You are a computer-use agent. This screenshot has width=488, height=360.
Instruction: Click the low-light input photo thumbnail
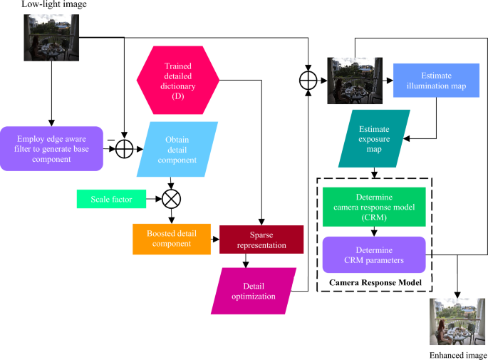(49, 37)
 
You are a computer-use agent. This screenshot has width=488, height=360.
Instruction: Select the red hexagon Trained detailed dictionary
(175, 78)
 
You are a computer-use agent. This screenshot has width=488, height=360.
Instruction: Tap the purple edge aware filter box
(51, 149)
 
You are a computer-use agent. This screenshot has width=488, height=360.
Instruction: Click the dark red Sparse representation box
(261, 239)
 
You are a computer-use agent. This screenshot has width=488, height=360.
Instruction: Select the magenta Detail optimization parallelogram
(244, 290)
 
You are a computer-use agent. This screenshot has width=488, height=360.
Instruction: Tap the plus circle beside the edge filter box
(125, 149)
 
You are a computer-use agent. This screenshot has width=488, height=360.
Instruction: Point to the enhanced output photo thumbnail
(453, 322)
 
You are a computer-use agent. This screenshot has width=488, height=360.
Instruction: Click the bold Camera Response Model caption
(375, 284)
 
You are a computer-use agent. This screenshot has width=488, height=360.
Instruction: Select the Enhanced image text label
(457, 354)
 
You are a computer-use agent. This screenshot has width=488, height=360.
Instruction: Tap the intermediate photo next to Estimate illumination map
(350, 81)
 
